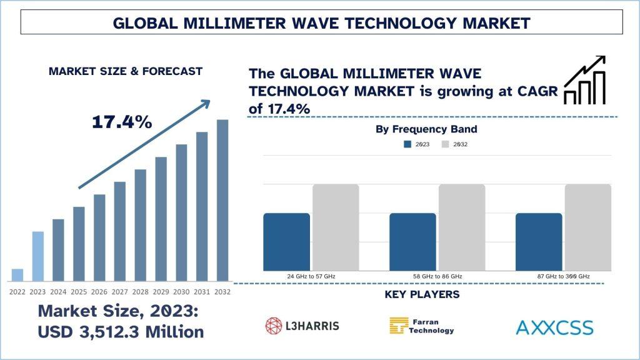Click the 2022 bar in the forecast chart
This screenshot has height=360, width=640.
(x=17, y=275)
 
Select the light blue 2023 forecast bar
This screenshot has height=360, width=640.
(x=37, y=256)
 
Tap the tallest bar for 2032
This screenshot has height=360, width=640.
(x=222, y=200)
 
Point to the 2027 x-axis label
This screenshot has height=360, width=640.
(x=120, y=292)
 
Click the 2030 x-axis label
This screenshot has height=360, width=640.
(x=181, y=292)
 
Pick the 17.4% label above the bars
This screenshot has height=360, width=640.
(x=122, y=122)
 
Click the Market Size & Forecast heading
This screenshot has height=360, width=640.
(x=125, y=71)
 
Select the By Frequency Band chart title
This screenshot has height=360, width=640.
(x=426, y=129)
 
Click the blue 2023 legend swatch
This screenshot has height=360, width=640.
(x=407, y=144)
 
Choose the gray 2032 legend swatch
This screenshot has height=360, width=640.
(x=446, y=144)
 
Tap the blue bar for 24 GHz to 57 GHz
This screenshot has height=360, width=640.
(x=286, y=242)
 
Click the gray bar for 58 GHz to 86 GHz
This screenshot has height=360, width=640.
(x=462, y=227)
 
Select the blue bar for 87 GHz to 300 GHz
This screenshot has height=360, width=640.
(x=539, y=242)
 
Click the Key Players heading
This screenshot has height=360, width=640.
(x=422, y=294)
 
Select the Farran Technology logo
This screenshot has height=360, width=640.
(x=422, y=326)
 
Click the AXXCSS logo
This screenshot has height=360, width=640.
(x=555, y=327)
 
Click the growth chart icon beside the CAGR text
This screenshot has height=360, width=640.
(x=584, y=80)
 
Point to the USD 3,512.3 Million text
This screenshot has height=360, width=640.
(x=121, y=332)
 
